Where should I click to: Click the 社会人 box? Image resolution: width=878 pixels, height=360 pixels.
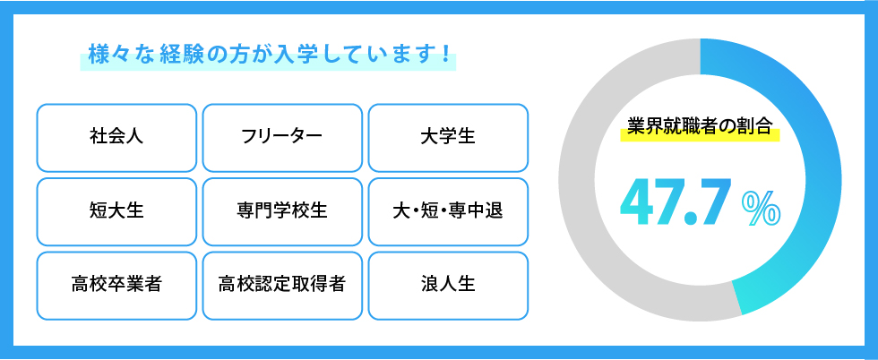pyautogui.click(x=116, y=138)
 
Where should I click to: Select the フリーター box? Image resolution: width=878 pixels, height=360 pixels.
pyautogui.click(x=282, y=138)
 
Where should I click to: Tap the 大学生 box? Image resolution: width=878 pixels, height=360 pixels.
pyautogui.click(x=448, y=138)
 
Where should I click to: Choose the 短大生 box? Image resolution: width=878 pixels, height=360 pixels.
pyautogui.click(x=116, y=211)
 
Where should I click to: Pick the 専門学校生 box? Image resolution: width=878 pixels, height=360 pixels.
pyautogui.click(x=282, y=211)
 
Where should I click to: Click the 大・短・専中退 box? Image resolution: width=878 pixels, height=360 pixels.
pyautogui.click(x=448, y=211)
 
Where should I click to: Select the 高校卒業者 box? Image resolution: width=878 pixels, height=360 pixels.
pyautogui.click(x=116, y=286)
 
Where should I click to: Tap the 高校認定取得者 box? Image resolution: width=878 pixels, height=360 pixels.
pyautogui.click(x=282, y=286)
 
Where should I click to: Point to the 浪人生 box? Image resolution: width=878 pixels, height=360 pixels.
pyautogui.click(x=448, y=286)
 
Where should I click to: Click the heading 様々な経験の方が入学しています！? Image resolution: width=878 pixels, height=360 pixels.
pyautogui.click(x=269, y=54)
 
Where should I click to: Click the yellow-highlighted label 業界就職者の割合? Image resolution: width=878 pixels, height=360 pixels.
pyautogui.click(x=700, y=126)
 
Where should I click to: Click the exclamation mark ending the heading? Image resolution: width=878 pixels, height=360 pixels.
pyautogui.click(x=446, y=54)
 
